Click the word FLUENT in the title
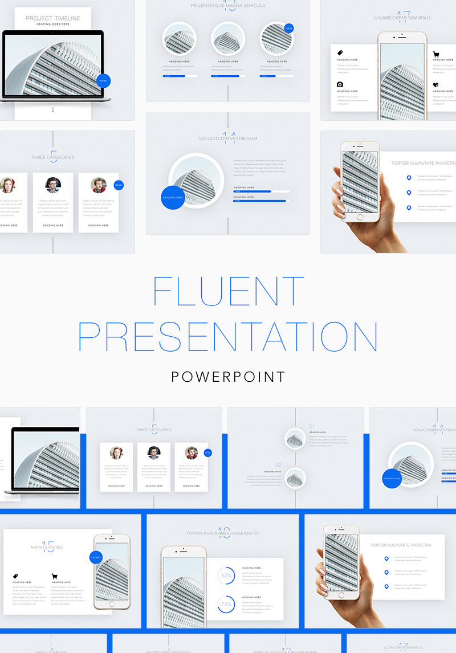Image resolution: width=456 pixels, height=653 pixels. tap(228, 291)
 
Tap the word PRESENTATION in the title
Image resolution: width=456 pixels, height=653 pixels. tap(228, 337)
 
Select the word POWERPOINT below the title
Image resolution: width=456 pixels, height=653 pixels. tap(228, 377)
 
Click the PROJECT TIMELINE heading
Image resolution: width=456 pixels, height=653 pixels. tap(53, 18)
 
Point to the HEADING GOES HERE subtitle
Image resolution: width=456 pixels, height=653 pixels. tap(53, 25)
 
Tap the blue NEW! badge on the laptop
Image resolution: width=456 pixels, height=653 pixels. tap(103, 81)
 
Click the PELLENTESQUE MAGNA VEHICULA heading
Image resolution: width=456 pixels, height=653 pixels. tap(228, 6)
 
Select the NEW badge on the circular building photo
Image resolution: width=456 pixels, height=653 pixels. tap(288, 28)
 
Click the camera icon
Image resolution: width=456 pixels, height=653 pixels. tap(340, 84)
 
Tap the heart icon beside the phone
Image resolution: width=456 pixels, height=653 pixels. tap(436, 85)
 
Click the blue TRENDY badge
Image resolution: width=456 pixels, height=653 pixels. tap(95, 557)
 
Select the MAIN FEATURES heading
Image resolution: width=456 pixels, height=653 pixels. tap(47, 548)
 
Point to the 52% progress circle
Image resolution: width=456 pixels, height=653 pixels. tap(226, 576)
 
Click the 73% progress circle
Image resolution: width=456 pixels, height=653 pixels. tap(226, 604)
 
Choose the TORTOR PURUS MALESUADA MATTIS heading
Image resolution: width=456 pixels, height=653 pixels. tap(223, 534)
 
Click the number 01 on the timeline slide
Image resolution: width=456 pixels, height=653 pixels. tap(311, 426)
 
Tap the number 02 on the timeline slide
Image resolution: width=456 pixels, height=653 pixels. tap(279, 465)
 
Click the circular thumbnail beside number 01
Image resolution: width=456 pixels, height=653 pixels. tap(295, 439)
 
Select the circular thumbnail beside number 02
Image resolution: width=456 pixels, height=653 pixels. tap(295, 478)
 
